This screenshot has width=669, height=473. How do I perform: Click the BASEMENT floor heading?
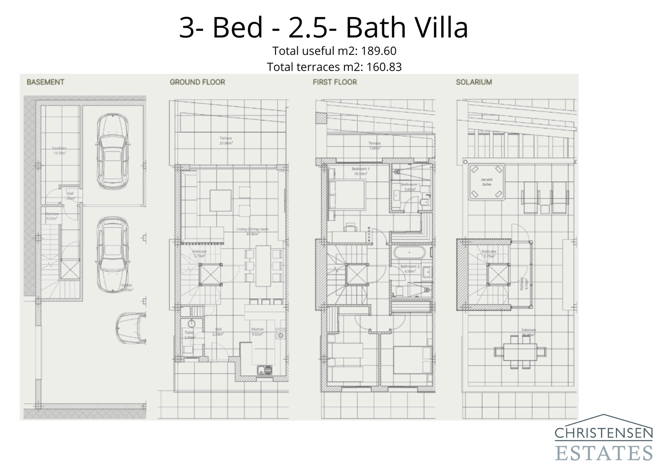(x=45, y=82)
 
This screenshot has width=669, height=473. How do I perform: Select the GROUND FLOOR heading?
(x=197, y=82)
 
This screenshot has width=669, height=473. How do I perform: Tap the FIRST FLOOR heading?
(x=334, y=82)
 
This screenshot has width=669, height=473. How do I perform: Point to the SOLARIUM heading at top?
(x=474, y=82)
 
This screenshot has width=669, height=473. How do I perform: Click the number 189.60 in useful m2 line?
(x=379, y=51)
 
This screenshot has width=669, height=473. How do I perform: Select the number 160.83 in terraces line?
(x=384, y=67)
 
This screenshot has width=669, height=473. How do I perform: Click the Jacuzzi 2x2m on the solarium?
(x=486, y=182)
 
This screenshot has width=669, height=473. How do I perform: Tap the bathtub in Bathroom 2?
(x=409, y=253)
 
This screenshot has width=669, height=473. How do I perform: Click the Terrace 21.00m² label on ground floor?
(x=226, y=141)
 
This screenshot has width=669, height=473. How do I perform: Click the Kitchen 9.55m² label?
(x=257, y=332)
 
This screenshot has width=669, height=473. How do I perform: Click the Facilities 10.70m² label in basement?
(x=59, y=151)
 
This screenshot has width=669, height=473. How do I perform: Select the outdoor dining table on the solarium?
(x=520, y=352)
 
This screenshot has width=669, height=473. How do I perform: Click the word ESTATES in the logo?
(x=603, y=453)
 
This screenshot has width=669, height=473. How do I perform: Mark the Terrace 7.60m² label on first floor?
(x=374, y=146)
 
